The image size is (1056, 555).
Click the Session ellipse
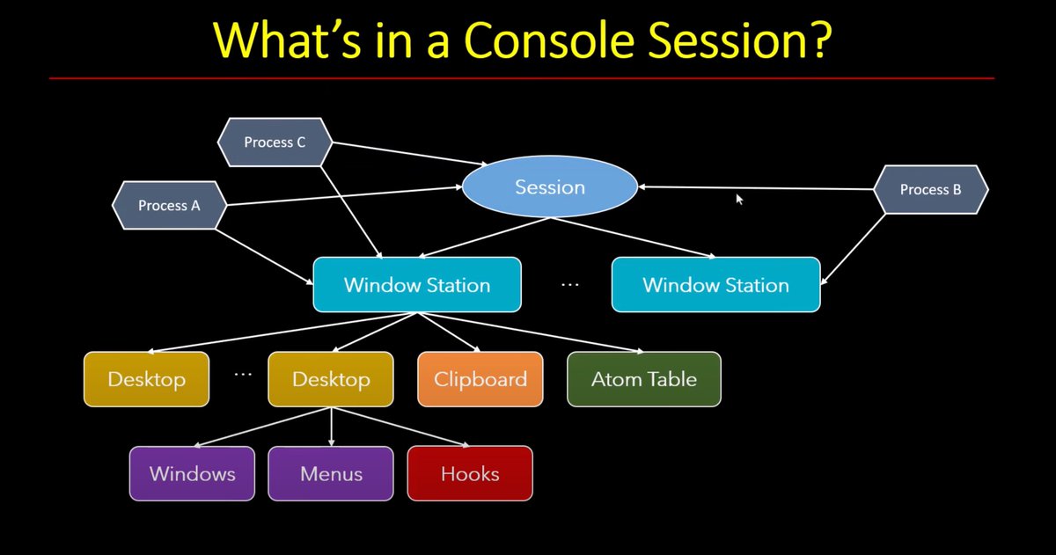click(x=550, y=187)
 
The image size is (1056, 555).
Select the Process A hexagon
click(x=170, y=206)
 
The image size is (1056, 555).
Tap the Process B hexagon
click(x=930, y=189)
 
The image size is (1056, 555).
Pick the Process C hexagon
click(x=275, y=142)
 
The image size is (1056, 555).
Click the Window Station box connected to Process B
click(x=715, y=285)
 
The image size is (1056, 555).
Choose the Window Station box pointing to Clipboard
click(x=417, y=285)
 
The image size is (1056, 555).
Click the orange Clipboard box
click(x=480, y=379)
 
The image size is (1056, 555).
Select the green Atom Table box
click(x=644, y=379)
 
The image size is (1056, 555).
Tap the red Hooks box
click(x=470, y=473)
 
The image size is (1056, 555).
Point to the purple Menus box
click(x=331, y=473)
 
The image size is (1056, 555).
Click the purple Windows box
click(x=192, y=473)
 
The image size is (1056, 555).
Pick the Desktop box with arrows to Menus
click(x=331, y=379)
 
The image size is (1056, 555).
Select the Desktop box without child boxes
click(x=147, y=379)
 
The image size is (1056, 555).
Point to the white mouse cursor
click(x=739, y=200)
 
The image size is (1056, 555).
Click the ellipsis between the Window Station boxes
click(x=570, y=285)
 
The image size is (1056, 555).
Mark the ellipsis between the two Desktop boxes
click(x=244, y=374)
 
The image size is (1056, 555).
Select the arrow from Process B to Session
click(x=757, y=187)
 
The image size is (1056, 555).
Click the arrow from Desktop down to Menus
click(x=331, y=427)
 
